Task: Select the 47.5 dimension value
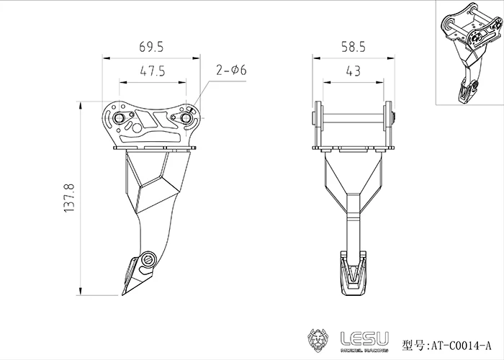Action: tap(150, 71)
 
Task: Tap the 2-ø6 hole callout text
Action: tap(231, 70)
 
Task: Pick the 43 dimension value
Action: tap(352, 71)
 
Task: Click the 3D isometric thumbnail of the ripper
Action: tap(468, 54)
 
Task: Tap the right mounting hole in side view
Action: tap(186, 115)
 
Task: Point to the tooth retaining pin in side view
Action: tap(148, 259)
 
